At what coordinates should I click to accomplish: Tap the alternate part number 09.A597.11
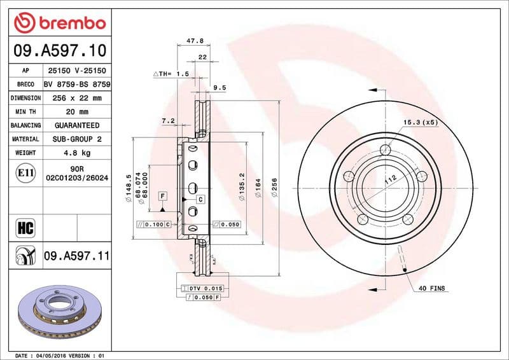[x=77, y=256]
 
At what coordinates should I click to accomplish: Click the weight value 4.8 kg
[x=77, y=153]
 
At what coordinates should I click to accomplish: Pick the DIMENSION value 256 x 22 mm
[x=77, y=98]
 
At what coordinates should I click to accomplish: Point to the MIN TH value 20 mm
[x=77, y=112]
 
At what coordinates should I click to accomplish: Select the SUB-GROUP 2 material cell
[x=77, y=139]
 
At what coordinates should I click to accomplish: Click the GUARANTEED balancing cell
[x=77, y=125]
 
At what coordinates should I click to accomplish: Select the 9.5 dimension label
[x=220, y=88]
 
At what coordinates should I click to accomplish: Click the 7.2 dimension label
[x=168, y=120]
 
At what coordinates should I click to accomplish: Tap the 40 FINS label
[x=431, y=288]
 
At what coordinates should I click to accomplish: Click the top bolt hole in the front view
[x=385, y=150]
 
